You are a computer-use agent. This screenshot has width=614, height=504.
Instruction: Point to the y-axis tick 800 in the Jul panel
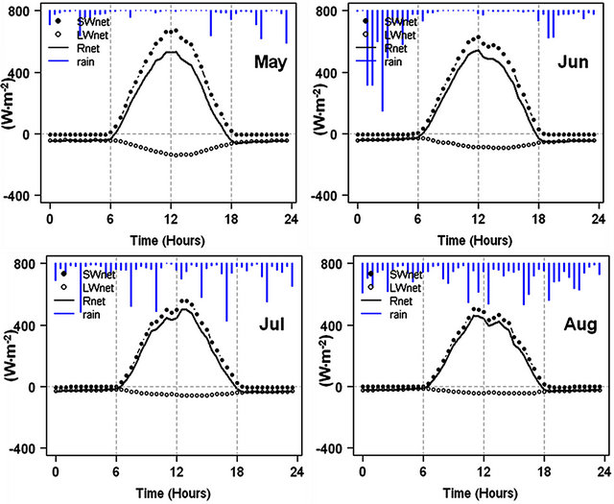tap(33, 264)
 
